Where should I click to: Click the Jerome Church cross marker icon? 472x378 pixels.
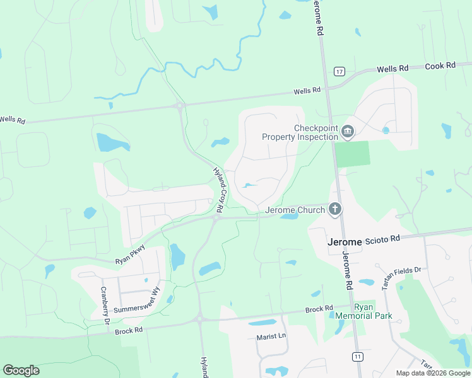coord(335,209)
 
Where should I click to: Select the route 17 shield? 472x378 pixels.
coord(339,72)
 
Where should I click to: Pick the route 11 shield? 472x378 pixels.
coord(358,357)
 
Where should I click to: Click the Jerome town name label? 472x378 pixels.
coord(344,242)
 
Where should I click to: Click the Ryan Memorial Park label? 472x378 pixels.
coord(373,311)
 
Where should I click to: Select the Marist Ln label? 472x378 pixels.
coord(271,336)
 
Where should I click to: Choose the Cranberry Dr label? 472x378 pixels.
coord(105,306)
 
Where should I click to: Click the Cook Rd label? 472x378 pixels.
coord(440,66)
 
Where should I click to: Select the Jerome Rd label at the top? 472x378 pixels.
coord(320,18)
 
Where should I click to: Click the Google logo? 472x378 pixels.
coord(21,370)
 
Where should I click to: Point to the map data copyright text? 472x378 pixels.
coord(434,373)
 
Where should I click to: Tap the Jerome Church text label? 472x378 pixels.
coord(295,210)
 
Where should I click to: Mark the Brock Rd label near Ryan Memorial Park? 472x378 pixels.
coord(319,309)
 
